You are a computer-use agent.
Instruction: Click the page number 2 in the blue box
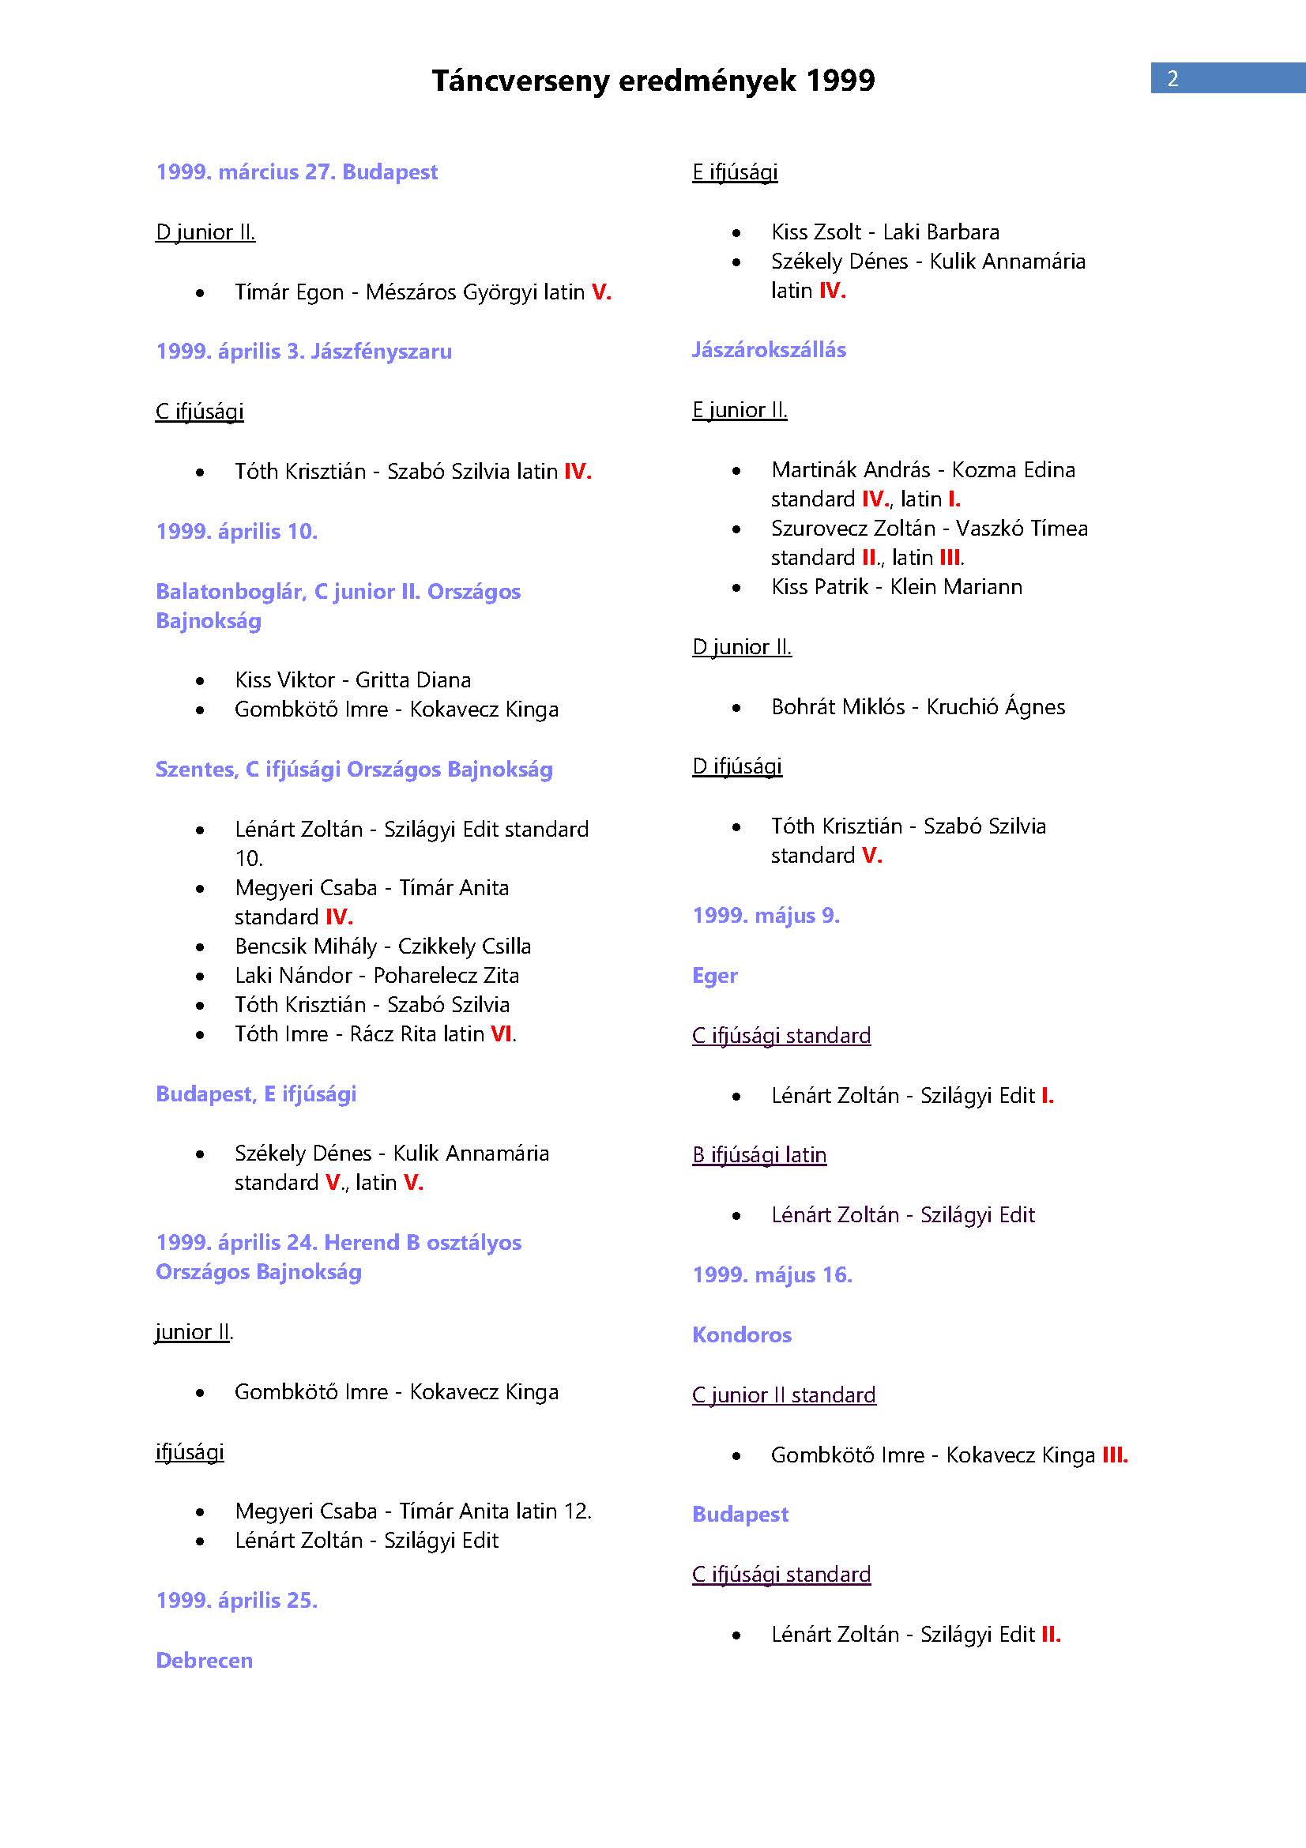(x=1172, y=78)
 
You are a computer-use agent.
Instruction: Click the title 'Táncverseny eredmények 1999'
(x=653, y=81)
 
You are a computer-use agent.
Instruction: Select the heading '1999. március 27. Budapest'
(x=296, y=172)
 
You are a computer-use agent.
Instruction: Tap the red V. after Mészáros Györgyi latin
(x=601, y=292)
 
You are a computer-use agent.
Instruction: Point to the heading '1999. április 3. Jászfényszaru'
(x=303, y=352)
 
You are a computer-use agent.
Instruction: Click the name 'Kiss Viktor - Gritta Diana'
(x=352, y=680)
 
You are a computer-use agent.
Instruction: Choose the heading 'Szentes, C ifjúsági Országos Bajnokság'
(x=354, y=770)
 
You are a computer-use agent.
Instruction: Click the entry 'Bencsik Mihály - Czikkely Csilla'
(x=383, y=947)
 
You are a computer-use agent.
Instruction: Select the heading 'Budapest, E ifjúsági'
(x=256, y=1093)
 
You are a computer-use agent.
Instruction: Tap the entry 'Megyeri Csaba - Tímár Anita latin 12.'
(x=412, y=1511)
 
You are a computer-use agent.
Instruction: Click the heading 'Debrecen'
(x=205, y=1661)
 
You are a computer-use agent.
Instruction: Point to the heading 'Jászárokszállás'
(x=769, y=350)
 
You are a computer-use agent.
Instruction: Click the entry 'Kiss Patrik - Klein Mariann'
(x=897, y=587)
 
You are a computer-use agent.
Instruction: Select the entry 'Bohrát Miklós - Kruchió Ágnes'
(x=917, y=706)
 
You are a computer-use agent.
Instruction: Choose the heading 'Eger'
(x=714, y=976)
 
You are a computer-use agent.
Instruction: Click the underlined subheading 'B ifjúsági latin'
(x=758, y=1155)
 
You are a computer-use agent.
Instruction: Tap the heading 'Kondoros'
(x=741, y=1334)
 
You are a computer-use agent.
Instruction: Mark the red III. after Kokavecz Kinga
(x=1115, y=1455)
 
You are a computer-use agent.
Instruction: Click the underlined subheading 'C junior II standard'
(x=784, y=1394)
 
